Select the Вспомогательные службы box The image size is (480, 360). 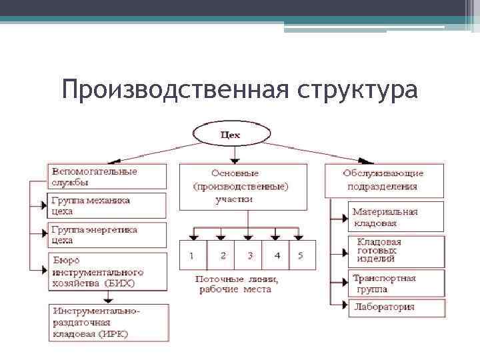pyautogui.click(x=107, y=177)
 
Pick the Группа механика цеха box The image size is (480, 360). pyautogui.click(x=107, y=206)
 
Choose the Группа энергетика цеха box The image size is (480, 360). pyautogui.click(x=107, y=235)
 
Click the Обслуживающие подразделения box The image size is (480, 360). pyautogui.click(x=383, y=181)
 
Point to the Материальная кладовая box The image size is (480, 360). pyautogui.click(x=395, y=217)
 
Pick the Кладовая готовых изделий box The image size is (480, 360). pyautogui.click(x=395, y=251)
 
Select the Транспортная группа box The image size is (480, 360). pyautogui.click(x=395, y=283)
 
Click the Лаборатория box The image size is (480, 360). pyautogui.click(x=395, y=307)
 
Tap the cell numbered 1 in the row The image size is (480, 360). pyautogui.click(x=193, y=255)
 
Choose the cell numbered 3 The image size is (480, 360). pyautogui.click(x=248, y=255)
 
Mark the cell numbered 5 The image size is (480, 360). pyautogui.click(x=301, y=255)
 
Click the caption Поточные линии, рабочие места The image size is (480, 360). pyautogui.click(x=237, y=284)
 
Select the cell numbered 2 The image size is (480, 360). pyautogui.click(x=221, y=255)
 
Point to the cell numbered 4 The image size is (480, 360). pyautogui.click(x=276, y=255)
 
